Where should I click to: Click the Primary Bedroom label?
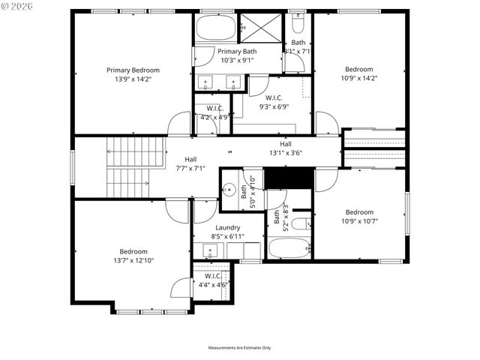(x=133, y=70)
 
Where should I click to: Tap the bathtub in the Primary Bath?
(x=215, y=28)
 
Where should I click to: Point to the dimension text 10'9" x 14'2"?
(x=358, y=78)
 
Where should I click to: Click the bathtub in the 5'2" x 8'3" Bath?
(x=289, y=248)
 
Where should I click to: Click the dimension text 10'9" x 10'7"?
(x=358, y=220)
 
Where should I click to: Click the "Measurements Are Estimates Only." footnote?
(x=239, y=348)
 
